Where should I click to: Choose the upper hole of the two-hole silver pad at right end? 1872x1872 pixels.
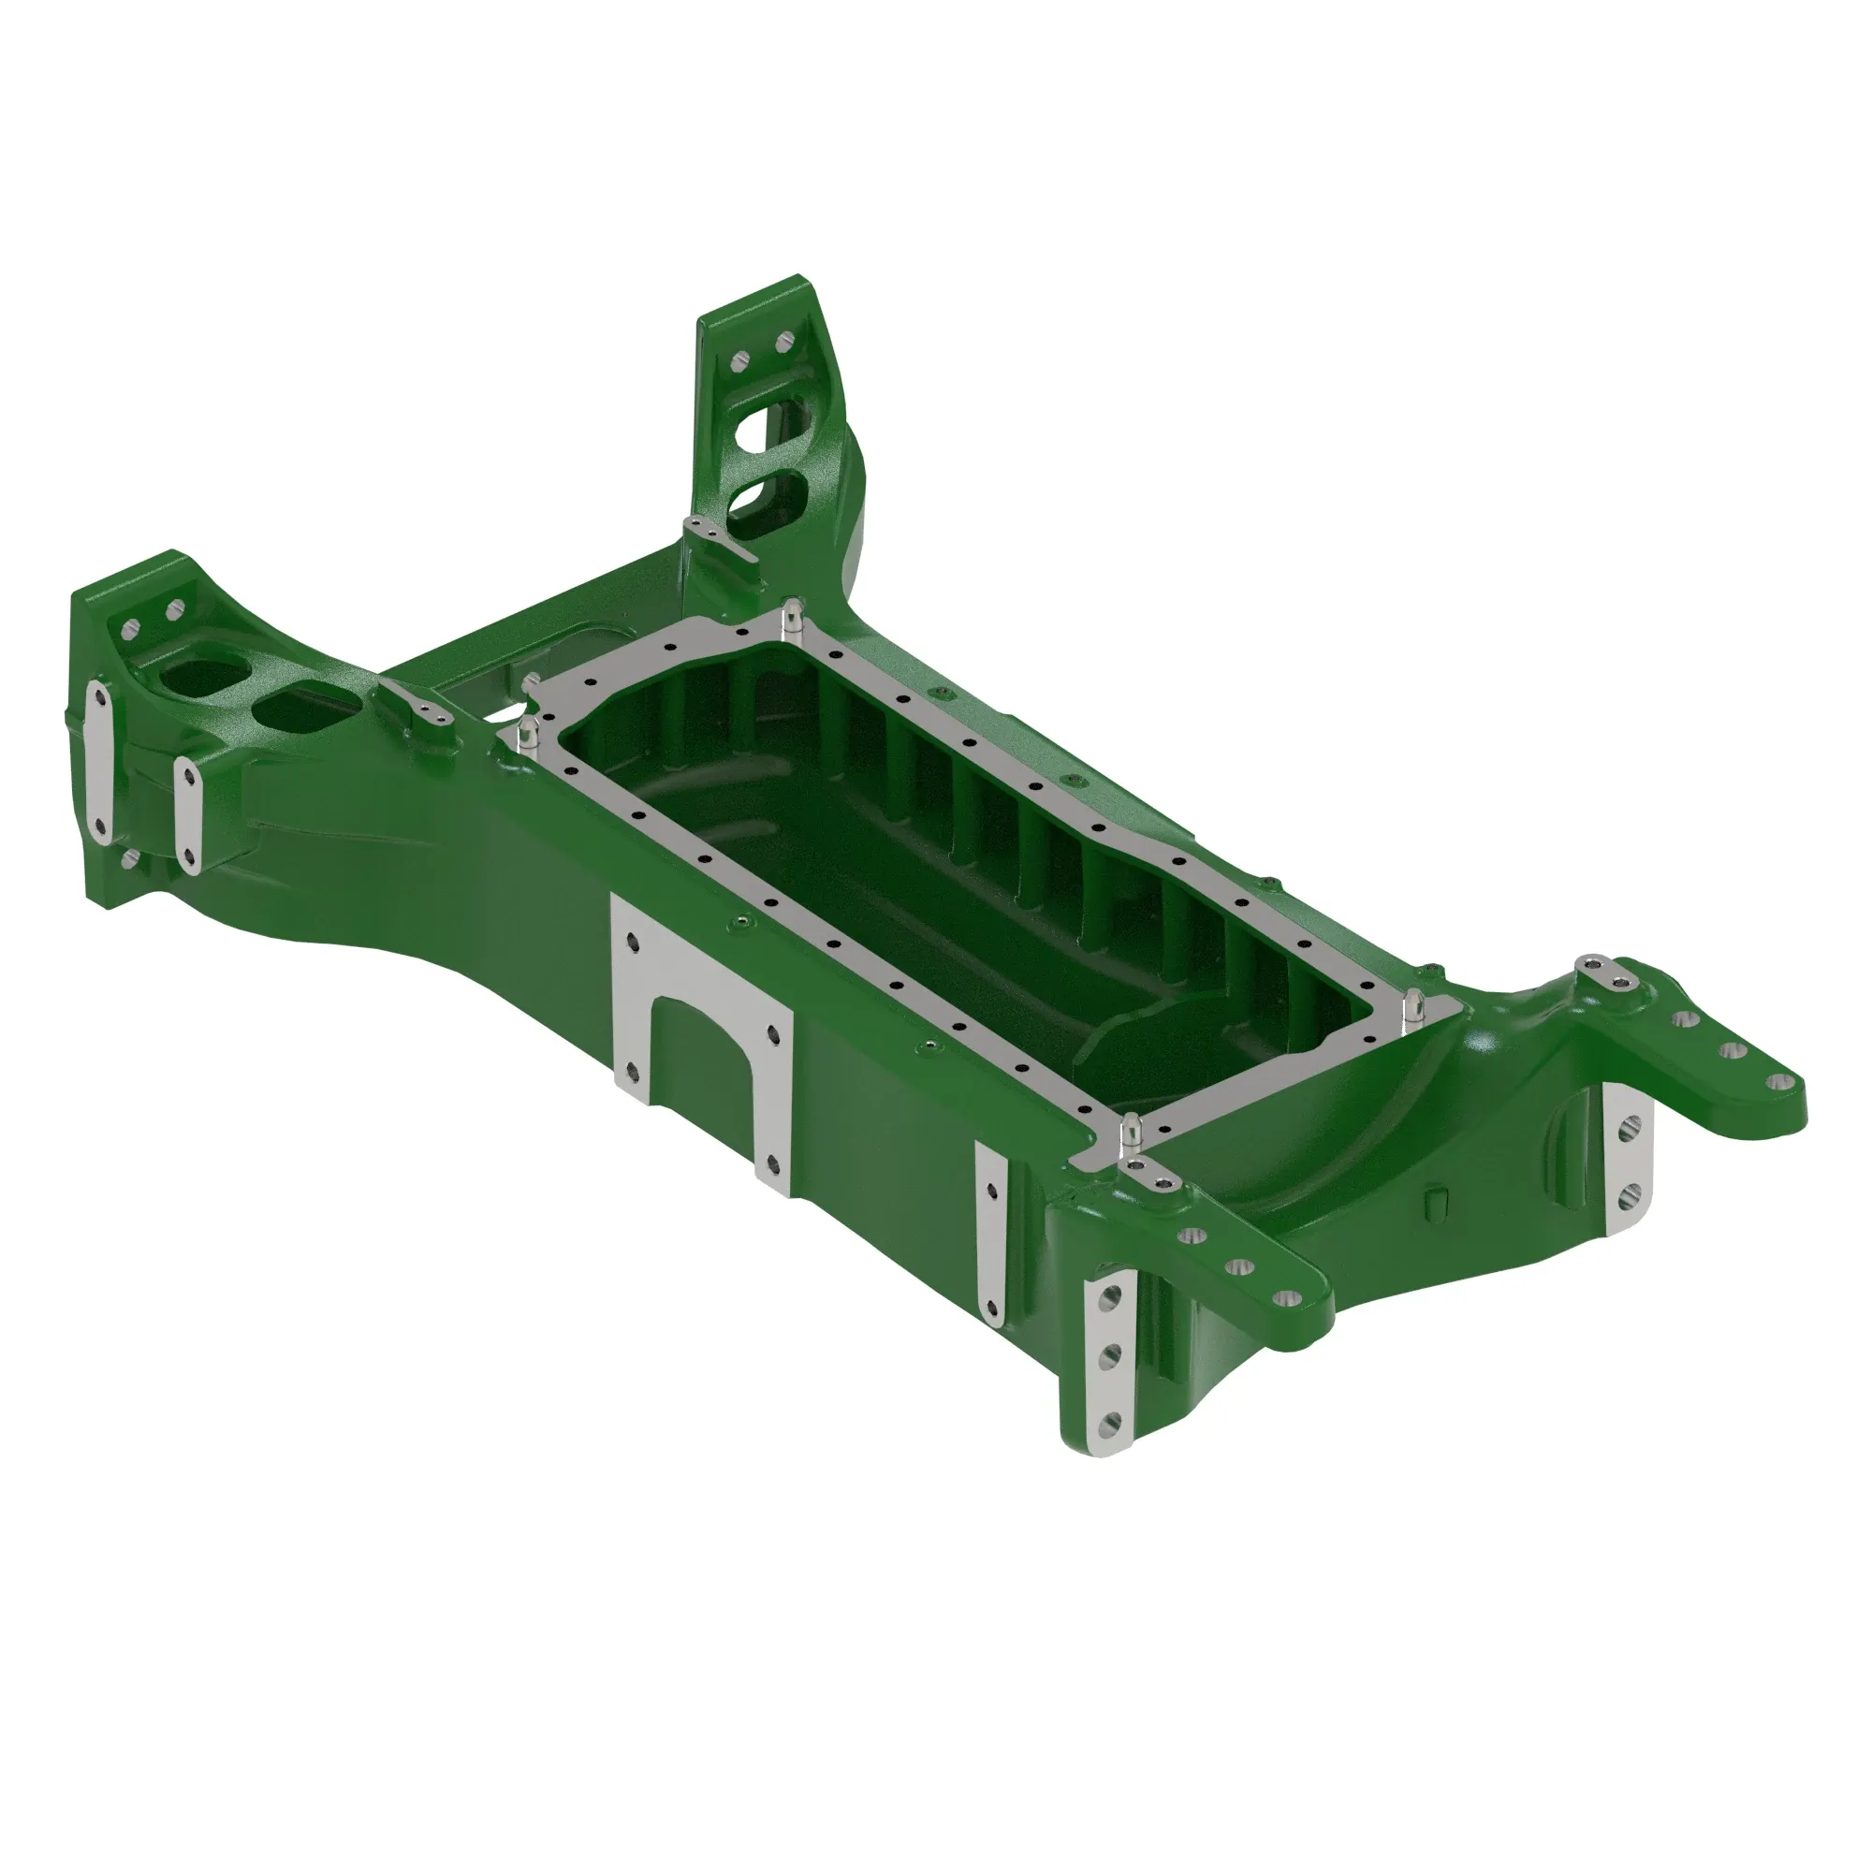[x=1631, y=1127]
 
